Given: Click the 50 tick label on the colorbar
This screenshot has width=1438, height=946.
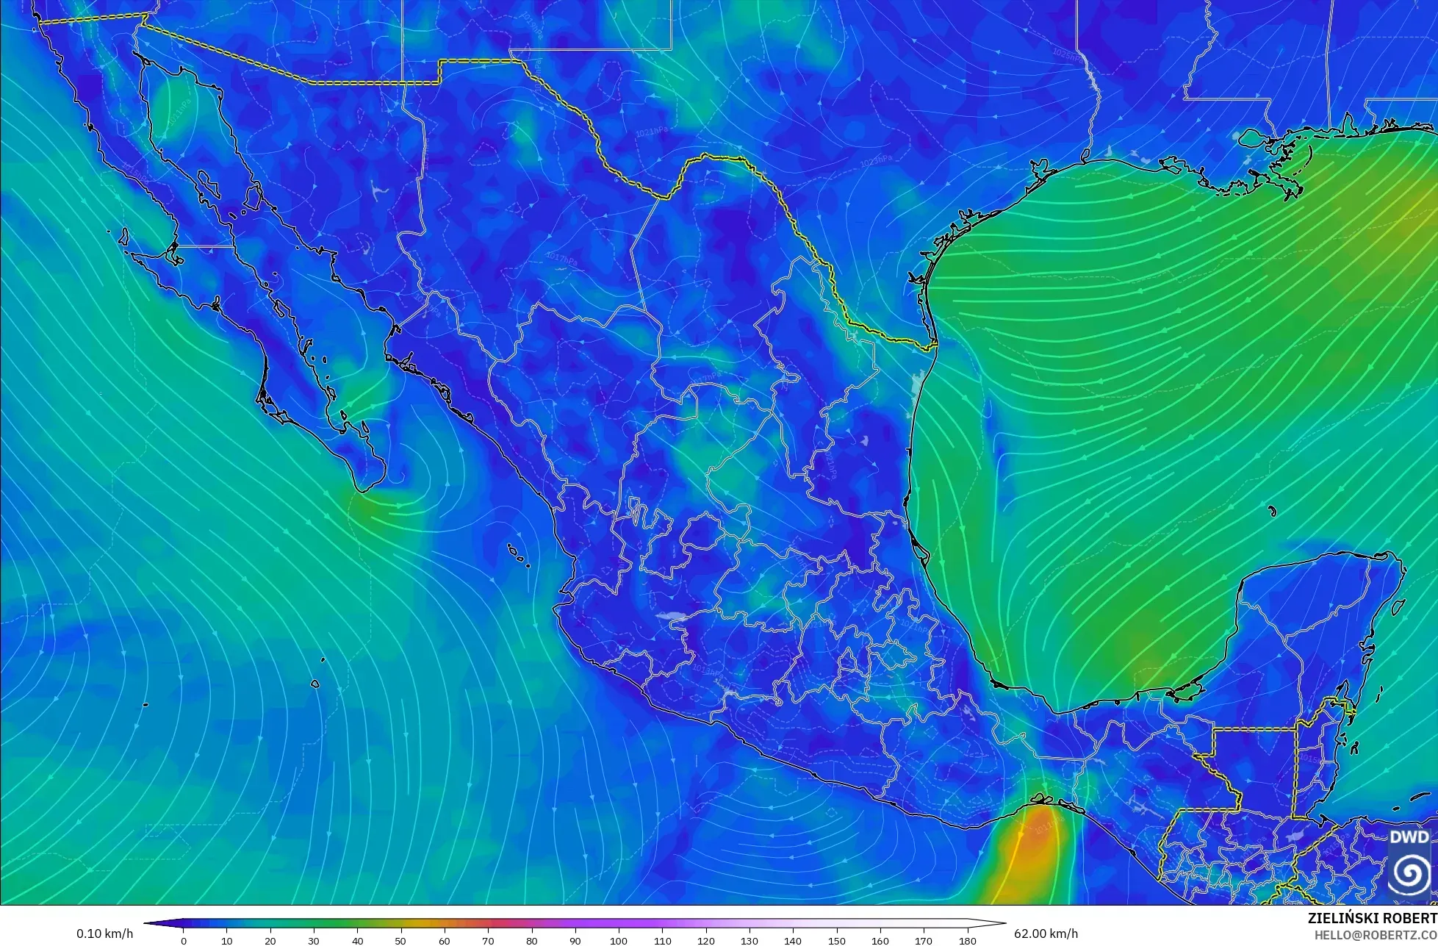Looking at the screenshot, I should [401, 941].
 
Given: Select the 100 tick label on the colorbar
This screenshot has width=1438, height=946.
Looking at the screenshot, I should [619, 941].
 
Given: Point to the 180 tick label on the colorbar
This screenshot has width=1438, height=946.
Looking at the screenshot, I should [967, 941].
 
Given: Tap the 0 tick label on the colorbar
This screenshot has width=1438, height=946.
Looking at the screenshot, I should [184, 941].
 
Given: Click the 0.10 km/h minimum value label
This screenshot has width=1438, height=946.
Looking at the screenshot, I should [104, 934].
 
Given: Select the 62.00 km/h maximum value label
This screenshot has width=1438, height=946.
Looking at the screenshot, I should [1046, 934].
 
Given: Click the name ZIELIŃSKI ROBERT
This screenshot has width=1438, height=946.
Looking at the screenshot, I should [1372, 918].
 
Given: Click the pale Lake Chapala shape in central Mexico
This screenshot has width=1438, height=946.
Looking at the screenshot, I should [673, 617].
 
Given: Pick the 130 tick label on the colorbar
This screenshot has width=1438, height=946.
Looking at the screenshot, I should [749, 941].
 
